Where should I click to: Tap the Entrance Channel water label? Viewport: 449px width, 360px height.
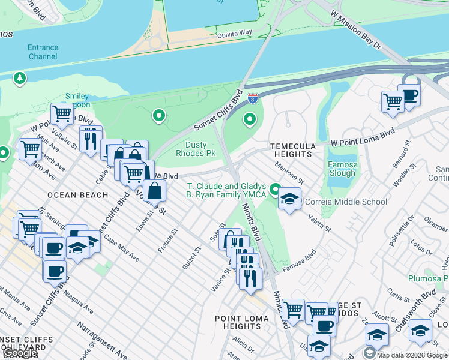point(43,52)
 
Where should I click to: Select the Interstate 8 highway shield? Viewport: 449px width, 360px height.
point(253,98)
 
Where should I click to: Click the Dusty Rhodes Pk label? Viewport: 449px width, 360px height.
point(196,149)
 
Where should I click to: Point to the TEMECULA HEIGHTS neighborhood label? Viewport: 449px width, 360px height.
point(291,150)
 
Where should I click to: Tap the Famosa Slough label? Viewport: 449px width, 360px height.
point(343,169)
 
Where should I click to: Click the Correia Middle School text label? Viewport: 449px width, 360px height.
point(346,202)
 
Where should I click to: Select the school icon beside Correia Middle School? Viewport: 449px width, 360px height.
point(290,200)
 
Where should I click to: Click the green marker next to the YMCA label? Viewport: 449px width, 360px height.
point(275,190)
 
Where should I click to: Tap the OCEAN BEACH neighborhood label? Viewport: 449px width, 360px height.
point(77,195)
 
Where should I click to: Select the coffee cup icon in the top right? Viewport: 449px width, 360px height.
point(409,95)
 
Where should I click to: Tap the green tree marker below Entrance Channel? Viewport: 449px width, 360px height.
point(20,78)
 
